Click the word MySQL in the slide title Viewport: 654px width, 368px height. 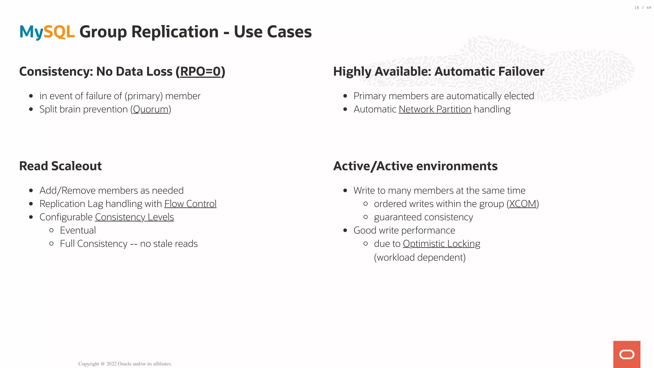[x=47, y=32]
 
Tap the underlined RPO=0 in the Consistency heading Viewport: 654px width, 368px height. [x=200, y=72]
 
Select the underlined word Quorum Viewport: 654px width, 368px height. [x=151, y=109]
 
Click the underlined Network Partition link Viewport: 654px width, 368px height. [x=435, y=109]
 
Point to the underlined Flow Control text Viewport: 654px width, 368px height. [x=190, y=204]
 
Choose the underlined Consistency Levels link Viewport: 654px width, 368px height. [x=134, y=217]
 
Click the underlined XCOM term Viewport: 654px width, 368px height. [x=522, y=204]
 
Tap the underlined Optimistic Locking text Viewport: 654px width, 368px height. [x=441, y=244]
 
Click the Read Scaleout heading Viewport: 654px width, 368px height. [x=60, y=166]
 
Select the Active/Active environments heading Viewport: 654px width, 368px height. [x=415, y=166]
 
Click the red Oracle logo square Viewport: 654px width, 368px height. [x=627, y=354]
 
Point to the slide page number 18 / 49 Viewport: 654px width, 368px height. [x=643, y=8]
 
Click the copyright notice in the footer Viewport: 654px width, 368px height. [x=125, y=364]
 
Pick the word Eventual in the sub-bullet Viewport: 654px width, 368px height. [x=78, y=230]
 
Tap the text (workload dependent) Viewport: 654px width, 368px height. [x=420, y=257]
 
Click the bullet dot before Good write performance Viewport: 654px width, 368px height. [x=345, y=230]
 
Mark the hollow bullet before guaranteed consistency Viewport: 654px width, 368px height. [x=366, y=217]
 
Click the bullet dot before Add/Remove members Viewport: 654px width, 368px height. [x=31, y=191]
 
